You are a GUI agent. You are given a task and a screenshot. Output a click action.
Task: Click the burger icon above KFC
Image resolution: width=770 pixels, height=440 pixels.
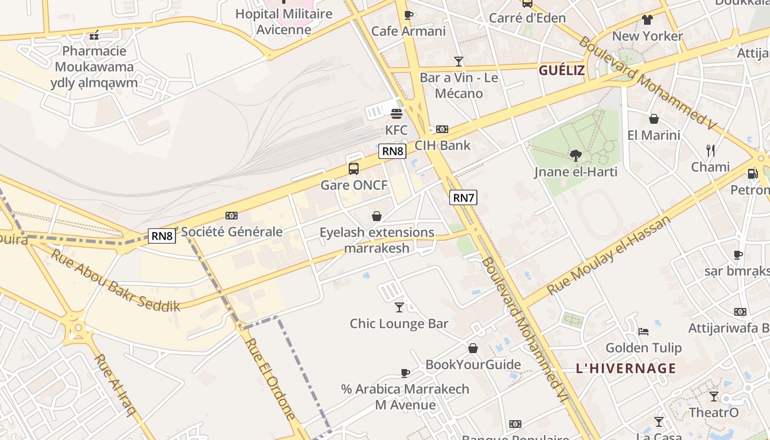(x=396, y=114)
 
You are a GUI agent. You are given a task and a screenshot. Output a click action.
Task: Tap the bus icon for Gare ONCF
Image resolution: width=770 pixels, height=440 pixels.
(x=354, y=169)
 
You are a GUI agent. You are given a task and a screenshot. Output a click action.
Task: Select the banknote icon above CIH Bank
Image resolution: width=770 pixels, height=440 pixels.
(x=442, y=129)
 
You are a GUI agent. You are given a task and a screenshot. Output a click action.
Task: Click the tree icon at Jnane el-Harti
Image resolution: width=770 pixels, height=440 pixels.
(x=576, y=156)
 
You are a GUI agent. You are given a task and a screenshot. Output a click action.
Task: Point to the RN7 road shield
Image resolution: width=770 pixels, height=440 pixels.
(x=463, y=197)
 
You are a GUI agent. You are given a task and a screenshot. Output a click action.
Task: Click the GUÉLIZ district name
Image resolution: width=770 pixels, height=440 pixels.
(x=562, y=70)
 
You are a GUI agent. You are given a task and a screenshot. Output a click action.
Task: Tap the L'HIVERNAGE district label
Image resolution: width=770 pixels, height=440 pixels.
(x=626, y=369)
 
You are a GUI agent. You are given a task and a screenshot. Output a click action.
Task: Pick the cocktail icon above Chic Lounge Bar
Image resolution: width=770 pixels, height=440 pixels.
(x=399, y=307)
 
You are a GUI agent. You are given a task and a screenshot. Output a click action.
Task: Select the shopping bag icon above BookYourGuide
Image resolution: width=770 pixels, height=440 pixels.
(x=473, y=348)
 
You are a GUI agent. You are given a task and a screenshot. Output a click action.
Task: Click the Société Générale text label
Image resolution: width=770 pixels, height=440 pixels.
(x=232, y=232)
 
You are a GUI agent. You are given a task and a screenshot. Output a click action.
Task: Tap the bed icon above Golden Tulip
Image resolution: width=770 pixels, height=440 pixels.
(x=643, y=331)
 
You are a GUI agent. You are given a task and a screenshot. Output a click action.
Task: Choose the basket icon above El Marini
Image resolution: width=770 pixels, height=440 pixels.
(x=654, y=119)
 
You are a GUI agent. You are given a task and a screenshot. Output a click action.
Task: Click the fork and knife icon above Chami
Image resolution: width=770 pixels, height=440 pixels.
(x=711, y=150)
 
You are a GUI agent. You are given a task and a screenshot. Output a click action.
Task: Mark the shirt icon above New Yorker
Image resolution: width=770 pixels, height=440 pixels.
(x=647, y=20)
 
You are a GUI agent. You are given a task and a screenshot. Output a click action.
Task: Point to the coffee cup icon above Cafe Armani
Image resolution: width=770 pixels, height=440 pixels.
(x=408, y=15)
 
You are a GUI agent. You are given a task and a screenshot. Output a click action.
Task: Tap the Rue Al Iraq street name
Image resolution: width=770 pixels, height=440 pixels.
(x=115, y=384)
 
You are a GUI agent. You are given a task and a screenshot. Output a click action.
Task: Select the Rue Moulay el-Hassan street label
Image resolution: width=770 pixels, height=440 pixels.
(x=609, y=254)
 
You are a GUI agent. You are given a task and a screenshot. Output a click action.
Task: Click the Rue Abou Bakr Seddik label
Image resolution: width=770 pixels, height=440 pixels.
(x=116, y=280)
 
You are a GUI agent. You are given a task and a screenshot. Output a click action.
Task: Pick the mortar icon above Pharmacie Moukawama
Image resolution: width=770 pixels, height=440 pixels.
(x=94, y=35)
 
